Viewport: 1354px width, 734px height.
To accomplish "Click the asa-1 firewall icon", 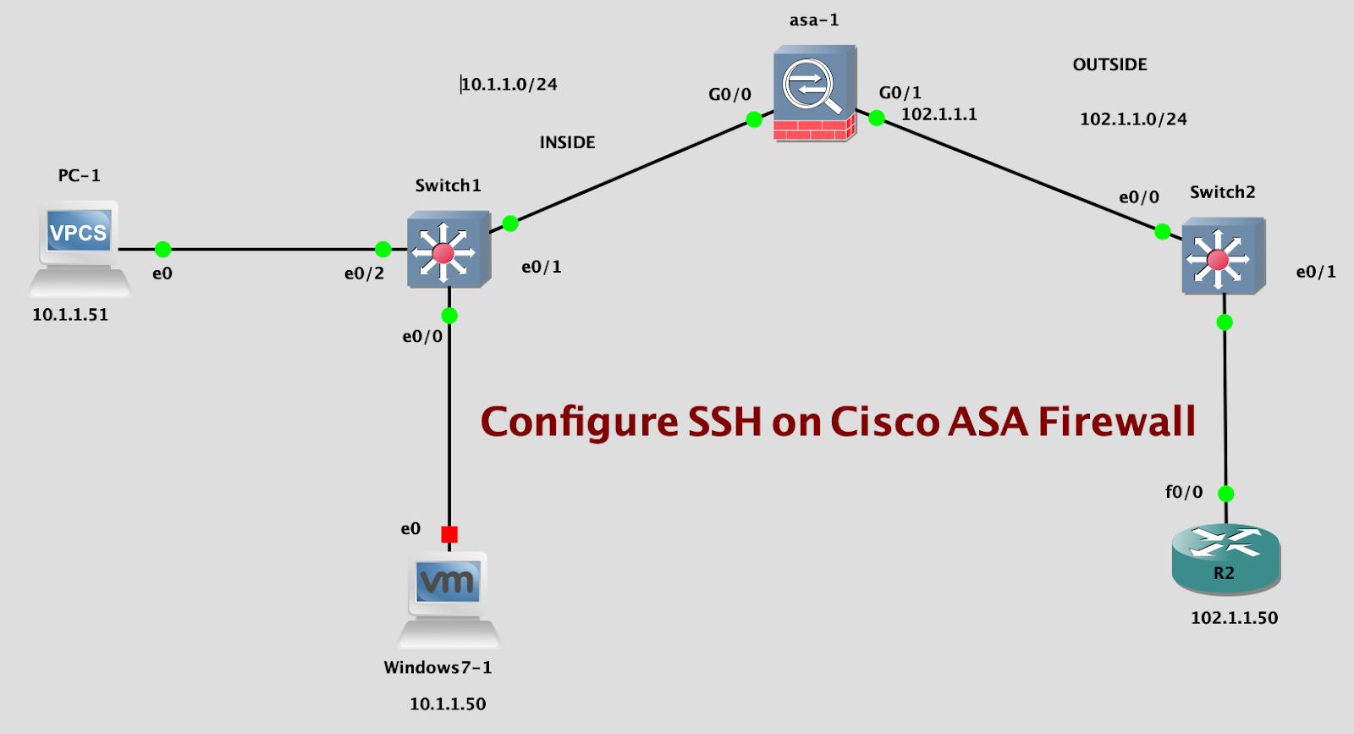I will pos(814,93).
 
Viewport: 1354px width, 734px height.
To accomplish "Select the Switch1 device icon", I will pos(448,250).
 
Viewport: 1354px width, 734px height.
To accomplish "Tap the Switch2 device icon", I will pos(1223,257).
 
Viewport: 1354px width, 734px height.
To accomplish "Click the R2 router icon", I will pos(1225,558).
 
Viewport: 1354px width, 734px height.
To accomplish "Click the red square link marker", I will pos(449,534).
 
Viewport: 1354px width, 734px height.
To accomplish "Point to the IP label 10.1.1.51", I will pos(70,315).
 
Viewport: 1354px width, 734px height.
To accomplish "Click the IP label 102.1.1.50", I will pos(1234,618).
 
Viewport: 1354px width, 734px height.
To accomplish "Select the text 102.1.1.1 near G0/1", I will pos(938,114).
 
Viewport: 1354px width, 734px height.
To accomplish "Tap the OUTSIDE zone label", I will pos(1109,65).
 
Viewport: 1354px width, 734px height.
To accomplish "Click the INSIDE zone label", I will pos(567,142).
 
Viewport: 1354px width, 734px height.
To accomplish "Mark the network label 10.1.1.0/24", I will pos(509,84).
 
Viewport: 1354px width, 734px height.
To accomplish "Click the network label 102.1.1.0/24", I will pos(1133,119).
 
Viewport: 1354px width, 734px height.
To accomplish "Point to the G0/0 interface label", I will pos(729,95).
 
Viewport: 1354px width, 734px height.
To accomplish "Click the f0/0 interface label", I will pos(1183,492).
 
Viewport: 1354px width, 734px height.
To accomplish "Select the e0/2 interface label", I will pos(364,273).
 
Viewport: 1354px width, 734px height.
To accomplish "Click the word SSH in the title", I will pos(724,422).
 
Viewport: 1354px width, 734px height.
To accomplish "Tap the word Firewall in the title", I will pos(1117,422).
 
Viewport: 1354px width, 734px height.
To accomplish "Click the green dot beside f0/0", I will pos(1225,494).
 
